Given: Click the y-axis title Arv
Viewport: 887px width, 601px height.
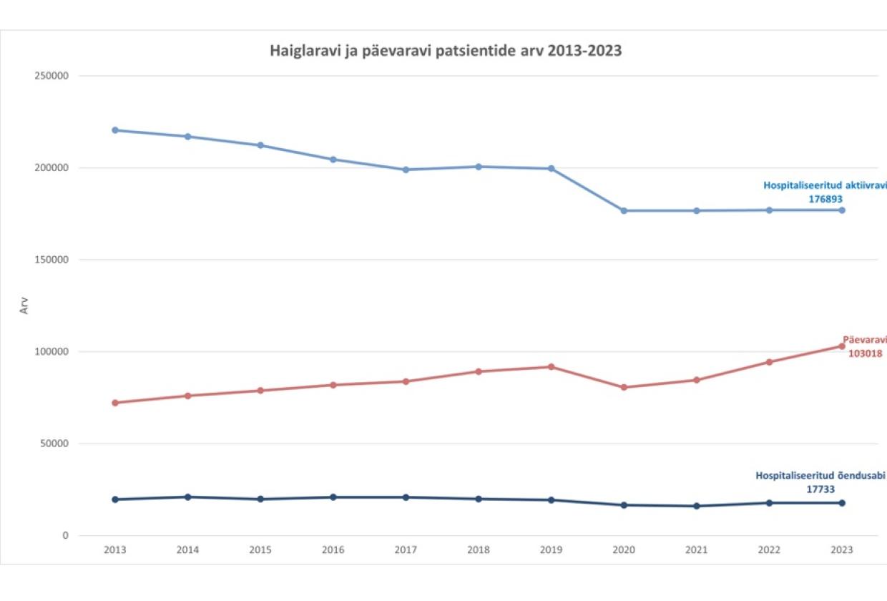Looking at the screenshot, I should [x=24, y=306].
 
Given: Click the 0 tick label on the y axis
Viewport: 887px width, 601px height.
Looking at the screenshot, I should [x=64, y=535].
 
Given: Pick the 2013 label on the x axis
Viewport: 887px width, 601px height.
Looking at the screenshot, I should [x=115, y=550].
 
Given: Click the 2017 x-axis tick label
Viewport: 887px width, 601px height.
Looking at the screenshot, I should [x=406, y=550].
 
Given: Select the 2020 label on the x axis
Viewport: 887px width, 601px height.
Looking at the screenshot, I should [x=624, y=550].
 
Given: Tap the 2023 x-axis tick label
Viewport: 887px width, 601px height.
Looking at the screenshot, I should [x=842, y=550].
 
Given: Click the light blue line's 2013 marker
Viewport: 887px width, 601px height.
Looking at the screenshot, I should [x=115, y=130].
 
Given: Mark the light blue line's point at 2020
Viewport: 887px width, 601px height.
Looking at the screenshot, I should [x=624, y=211].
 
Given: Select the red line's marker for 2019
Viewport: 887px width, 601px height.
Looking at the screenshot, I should [x=551, y=367].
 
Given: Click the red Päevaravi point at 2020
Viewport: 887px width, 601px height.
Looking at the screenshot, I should [x=624, y=388].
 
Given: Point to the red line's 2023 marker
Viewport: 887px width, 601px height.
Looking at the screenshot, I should [x=842, y=346].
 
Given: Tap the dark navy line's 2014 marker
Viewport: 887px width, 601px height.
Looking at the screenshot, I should [x=188, y=497].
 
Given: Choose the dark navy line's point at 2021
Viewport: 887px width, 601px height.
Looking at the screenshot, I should [x=697, y=506].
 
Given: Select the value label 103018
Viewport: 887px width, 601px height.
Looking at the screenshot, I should [x=865, y=353].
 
